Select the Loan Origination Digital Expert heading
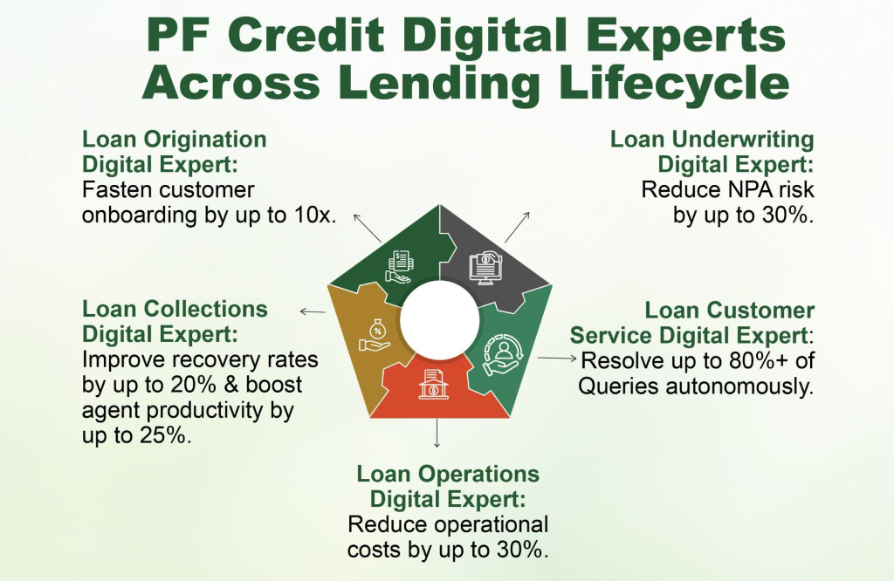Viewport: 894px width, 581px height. [175, 152]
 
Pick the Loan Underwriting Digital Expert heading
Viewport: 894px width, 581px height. [712, 152]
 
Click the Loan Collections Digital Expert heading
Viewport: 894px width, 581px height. [175, 321]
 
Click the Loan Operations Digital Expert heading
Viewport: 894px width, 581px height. [448, 487]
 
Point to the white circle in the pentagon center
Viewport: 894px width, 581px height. [440, 320]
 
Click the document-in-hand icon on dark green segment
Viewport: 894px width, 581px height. [399, 267]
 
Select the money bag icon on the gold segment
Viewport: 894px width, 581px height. [375, 336]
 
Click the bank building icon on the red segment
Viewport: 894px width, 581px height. [433, 384]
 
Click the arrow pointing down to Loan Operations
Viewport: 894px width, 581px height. [437, 434]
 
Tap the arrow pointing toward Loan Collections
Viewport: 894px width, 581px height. [313, 311]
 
